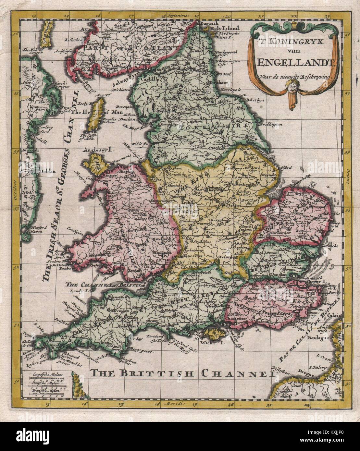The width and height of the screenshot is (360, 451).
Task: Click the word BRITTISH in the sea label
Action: [x=155, y=373]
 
